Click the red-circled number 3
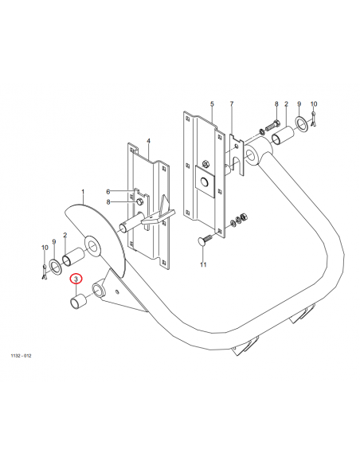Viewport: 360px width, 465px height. pyautogui.click(x=76, y=279)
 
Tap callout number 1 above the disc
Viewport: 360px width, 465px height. pyautogui.click(x=83, y=192)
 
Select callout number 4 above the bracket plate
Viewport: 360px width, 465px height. pyautogui.click(x=149, y=141)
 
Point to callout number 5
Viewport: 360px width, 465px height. pyautogui.click(x=212, y=104)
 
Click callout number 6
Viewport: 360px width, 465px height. pyautogui.click(x=108, y=192)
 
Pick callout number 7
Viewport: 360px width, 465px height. pyautogui.click(x=232, y=104)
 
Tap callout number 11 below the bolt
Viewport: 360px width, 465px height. pyautogui.click(x=203, y=264)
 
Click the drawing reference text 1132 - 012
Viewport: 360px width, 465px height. pyautogui.click(x=21, y=356)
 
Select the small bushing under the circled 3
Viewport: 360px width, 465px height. pyautogui.click(x=78, y=302)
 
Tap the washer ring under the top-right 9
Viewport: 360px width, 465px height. pyautogui.click(x=301, y=123)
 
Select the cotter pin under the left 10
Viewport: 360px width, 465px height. pyautogui.click(x=44, y=271)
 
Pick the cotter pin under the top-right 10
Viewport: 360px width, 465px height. pyautogui.click(x=314, y=119)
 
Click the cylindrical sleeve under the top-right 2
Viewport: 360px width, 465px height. pyautogui.click(x=283, y=135)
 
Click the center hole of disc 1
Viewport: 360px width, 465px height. pyautogui.click(x=93, y=246)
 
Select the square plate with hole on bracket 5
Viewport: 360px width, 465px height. pyautogui.click(x=205, y=182)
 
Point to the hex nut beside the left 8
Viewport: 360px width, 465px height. pyautogui.click(x=139, y=202)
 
